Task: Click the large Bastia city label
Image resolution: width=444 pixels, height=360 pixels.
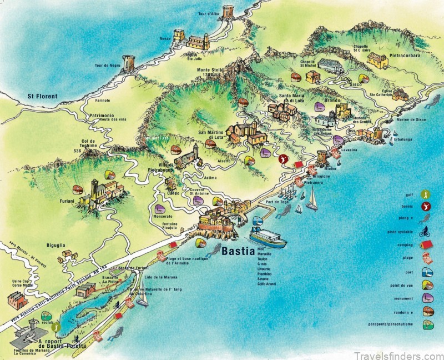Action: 238,251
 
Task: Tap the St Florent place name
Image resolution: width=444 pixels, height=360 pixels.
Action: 43,96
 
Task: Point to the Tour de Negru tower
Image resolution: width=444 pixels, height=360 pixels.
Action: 129,63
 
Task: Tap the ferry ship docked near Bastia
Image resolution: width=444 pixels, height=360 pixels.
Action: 269,238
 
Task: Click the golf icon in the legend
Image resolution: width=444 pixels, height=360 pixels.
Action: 426,195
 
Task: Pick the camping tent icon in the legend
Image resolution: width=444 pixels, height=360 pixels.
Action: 426,245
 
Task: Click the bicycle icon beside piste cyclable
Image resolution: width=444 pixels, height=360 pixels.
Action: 426,232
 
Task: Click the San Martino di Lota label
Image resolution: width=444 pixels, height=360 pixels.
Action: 210,135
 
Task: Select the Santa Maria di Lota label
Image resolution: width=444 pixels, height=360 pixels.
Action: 292,98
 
